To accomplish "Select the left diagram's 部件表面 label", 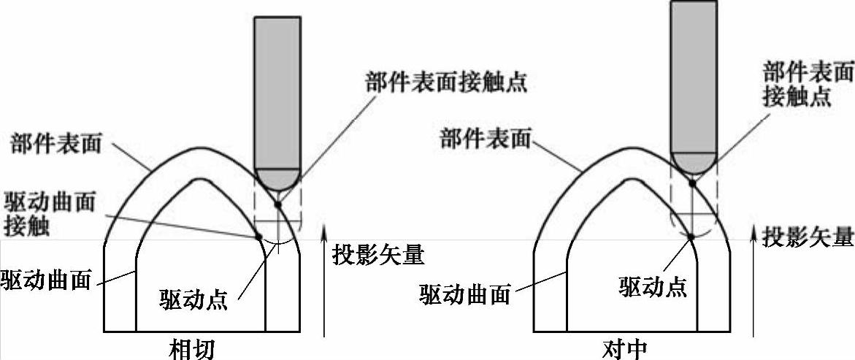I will coord(56,142).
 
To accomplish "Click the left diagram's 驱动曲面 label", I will coord(45,279).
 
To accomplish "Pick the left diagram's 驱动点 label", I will coord(193,299).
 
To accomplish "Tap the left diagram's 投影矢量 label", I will coord(378,255).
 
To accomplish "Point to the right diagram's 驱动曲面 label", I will coord(464,294).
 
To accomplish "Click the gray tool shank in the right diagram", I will coord(694,73).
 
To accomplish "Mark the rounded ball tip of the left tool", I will coord(277,177).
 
